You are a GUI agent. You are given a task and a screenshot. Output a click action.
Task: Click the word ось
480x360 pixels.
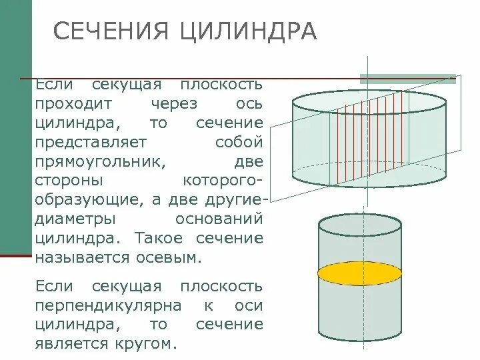point(250,105)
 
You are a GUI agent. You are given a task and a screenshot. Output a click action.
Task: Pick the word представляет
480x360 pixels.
point(93,143)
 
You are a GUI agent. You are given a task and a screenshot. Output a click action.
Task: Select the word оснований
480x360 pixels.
point(219,219)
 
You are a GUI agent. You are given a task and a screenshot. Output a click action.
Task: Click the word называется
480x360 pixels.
point(85,257)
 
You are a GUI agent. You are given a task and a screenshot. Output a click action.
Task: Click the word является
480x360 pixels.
point(73,344)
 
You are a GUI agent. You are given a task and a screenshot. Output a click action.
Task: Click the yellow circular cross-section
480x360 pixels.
point(359,273)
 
